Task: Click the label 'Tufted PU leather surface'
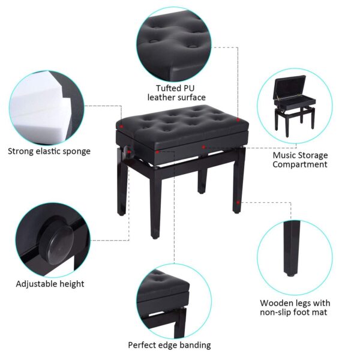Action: (176, 92)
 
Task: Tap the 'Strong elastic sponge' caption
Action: (49, 151)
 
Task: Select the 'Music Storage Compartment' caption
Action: (300, 160)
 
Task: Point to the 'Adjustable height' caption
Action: (50, 284)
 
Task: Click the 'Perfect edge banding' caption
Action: (169, 345)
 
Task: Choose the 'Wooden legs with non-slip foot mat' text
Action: (295, 308)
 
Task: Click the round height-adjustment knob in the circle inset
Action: (58, 242)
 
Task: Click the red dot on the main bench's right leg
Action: (239, 203)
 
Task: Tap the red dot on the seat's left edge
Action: (122, 127)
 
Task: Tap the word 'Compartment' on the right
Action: (300, 164)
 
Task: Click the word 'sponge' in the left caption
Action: (75, 151)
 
